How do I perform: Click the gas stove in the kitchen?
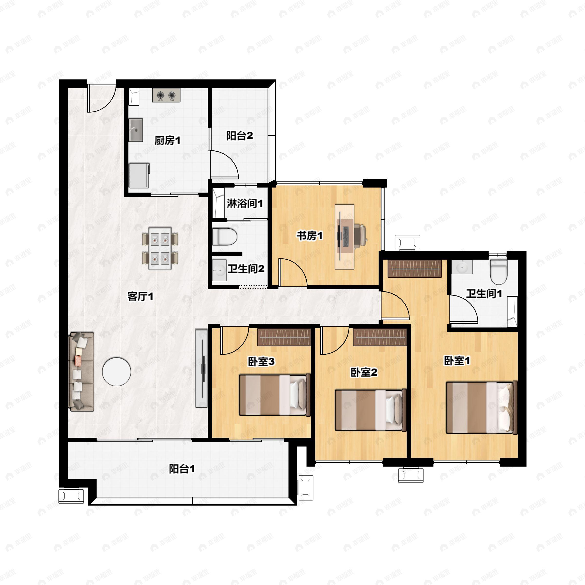pyautogui.click(x=166, y=95)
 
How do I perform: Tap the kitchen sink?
pyautogui.click(x=136, y=130)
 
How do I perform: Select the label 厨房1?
pyautogui.click(x=167, y=140)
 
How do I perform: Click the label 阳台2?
pyautogui.click(x=240, y=136)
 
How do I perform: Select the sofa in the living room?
pyautogui.click(x=81, y=371)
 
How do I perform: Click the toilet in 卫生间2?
pyautogui.click(x=224, y=236)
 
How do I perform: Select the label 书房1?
pyautogui.click(x=310, y=235)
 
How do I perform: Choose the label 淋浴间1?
pyautogui.click(x=245, y=204)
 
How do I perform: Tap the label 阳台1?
pyautogui.click(x=182, y=469)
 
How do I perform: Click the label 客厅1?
pyautogui.click(x=140, y=296)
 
